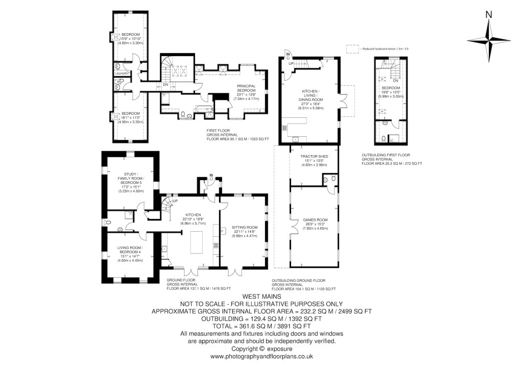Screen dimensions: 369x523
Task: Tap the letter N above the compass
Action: click(489, 15)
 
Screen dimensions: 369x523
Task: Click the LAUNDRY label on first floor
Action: click(122, 73)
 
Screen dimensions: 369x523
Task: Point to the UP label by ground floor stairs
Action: click(175, 201)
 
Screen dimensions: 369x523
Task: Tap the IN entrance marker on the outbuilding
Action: click(288, 54)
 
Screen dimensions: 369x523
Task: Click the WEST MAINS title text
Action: click(261, 297)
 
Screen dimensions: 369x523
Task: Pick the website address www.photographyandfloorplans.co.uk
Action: click(261, 357)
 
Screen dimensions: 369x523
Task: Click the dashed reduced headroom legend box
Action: click(352, 49)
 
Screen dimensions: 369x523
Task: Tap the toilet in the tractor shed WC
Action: click(332, 179)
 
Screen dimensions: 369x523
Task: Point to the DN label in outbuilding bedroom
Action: click(395, 80)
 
